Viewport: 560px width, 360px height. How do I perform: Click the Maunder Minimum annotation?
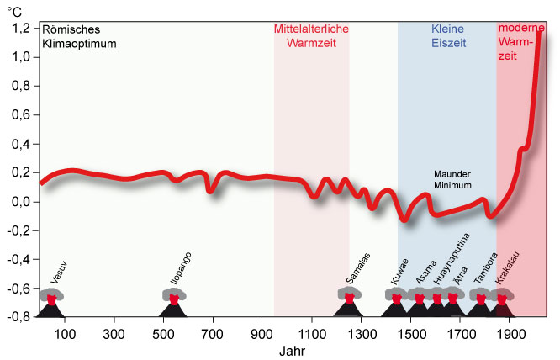pyautogui.click(x=452, y=179)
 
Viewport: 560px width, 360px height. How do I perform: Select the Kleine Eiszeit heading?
pyautogui.click(x=446, y=35)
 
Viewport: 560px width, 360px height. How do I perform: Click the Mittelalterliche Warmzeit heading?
pyautogui.click(x=311, y=35)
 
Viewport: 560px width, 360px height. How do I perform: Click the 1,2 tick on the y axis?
pyautogui.click(x=19, y=29)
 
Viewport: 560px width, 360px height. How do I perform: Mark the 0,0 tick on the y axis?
pyautogui.click(x=19, y=202)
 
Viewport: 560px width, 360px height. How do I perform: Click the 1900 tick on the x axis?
pyautogui.click(x=510, y=332)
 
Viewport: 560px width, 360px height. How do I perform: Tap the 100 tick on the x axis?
pyautogui.click(x=66, y=332)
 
